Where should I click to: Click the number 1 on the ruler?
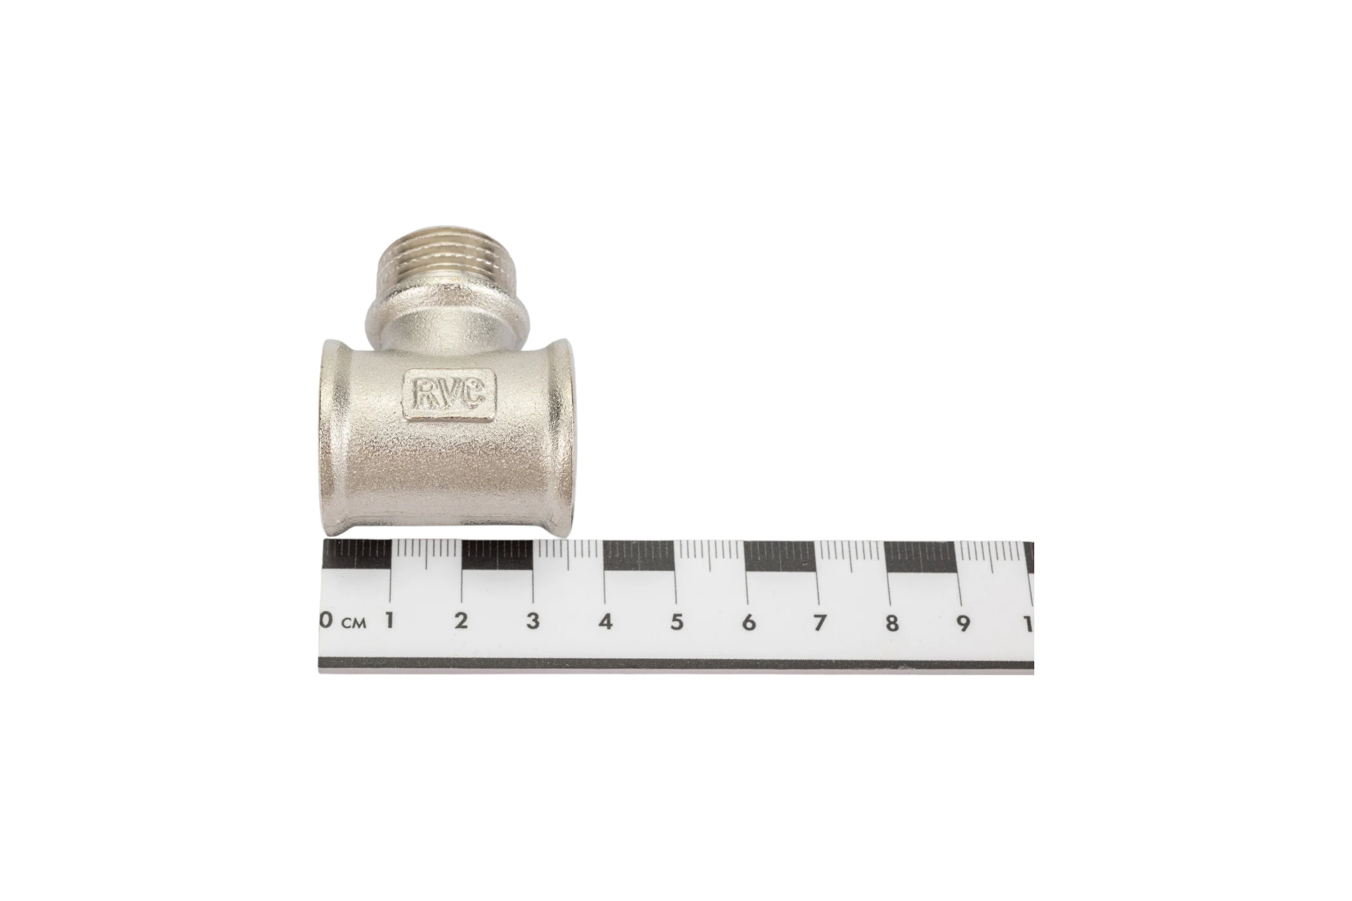389,621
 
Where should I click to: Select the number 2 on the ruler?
460,621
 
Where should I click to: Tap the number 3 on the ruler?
533,621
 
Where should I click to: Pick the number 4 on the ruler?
604,622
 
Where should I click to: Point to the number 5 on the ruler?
677,622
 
